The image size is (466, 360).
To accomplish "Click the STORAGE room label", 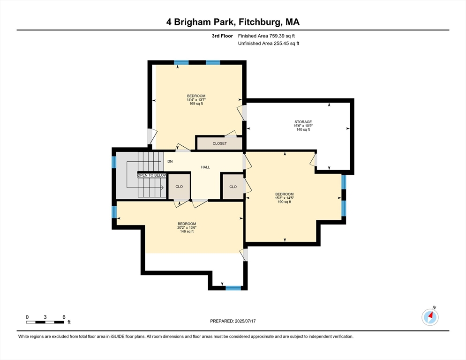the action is pos(303,122).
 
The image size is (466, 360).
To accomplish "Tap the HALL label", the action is pos(205,167).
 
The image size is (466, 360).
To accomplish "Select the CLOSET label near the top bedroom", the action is pos(219,143).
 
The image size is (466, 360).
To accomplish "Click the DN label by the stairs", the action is pos(170,161).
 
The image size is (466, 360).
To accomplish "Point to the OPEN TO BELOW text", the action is pos(152,175).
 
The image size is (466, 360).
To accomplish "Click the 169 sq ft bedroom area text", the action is pos(196,104).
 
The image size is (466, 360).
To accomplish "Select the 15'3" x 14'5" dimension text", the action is pos(285,198).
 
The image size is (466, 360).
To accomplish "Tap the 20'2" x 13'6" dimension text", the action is pos(187,228).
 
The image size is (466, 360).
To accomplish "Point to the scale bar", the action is pos(45,322).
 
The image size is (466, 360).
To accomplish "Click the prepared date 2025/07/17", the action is pos(245,321).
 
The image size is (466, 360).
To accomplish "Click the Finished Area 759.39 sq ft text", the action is pos(266,36).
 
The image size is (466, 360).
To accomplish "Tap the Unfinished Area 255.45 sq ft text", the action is pos(269,44).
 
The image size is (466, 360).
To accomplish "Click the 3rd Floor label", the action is pos(222,36).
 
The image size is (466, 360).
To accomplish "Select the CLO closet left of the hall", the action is pos(179,187).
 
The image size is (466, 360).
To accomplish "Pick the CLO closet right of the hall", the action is pos(233,187).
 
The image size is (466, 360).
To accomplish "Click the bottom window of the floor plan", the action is pos(233,288).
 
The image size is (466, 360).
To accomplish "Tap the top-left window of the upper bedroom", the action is pos(181,62).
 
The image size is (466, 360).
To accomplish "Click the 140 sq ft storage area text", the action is pos(303,130).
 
